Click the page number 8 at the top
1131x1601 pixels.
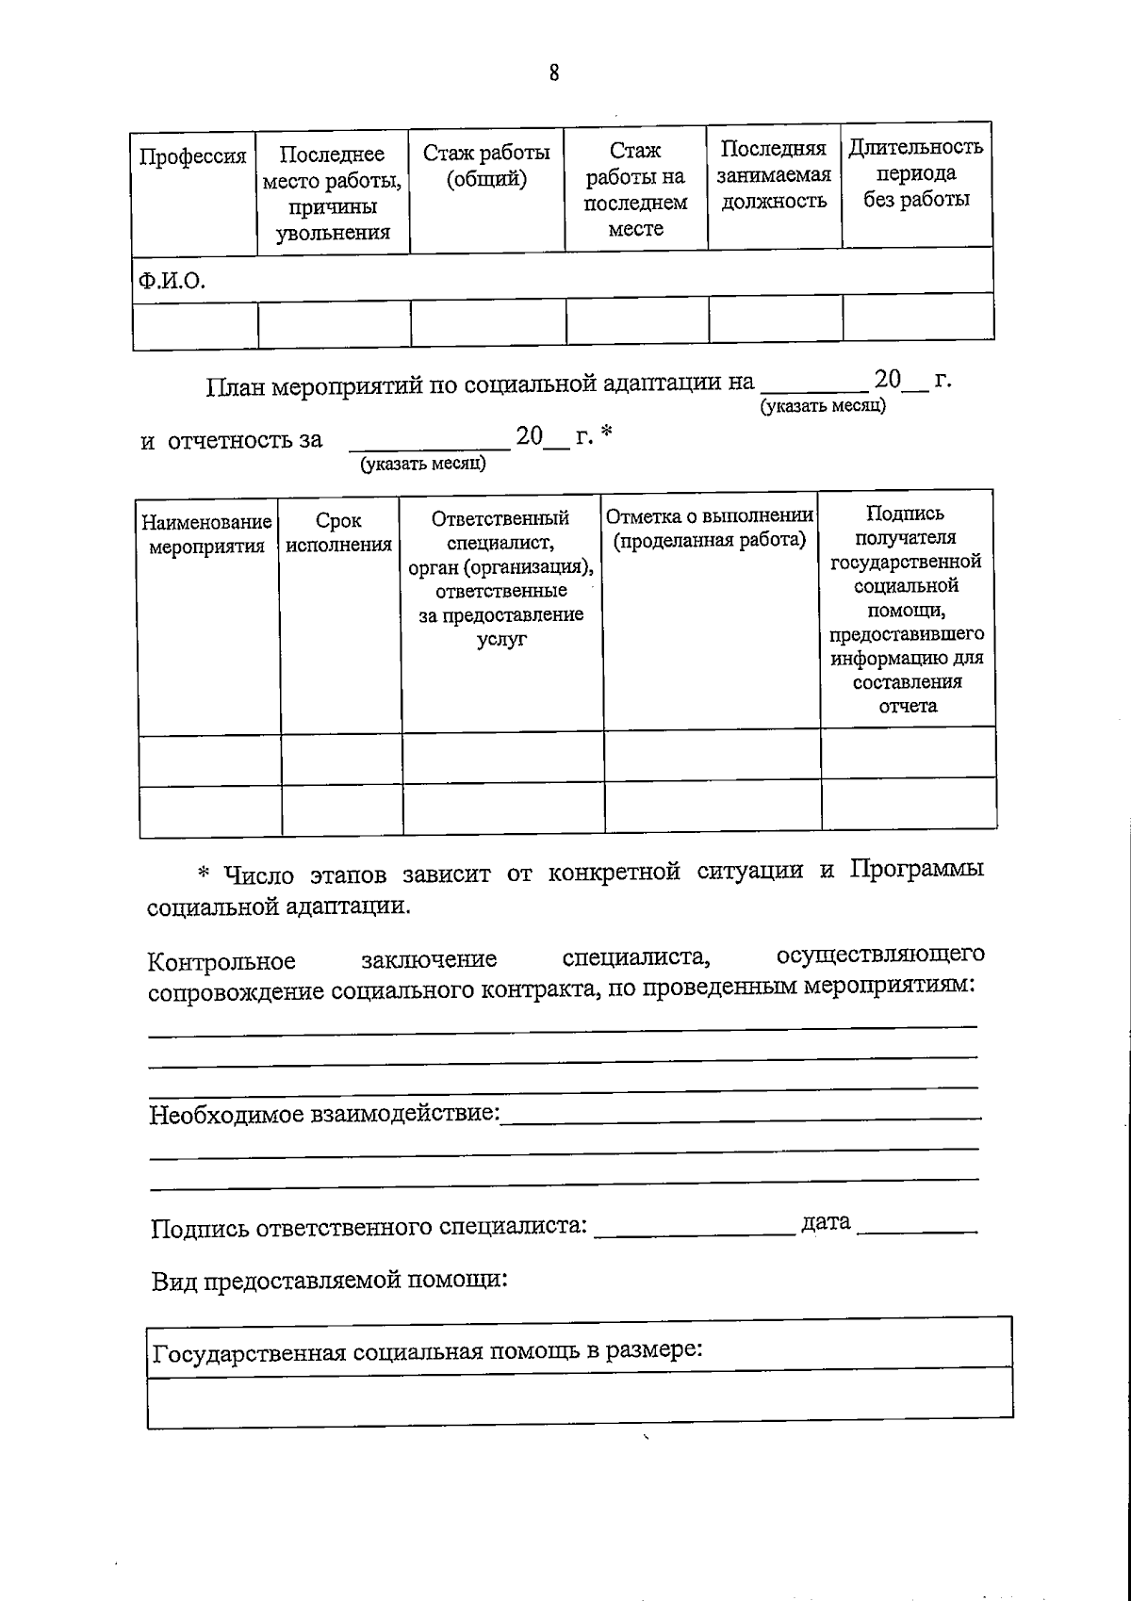553,73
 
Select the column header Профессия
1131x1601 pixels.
192,156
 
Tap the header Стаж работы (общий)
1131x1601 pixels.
486,165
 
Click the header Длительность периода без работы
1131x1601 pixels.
916,172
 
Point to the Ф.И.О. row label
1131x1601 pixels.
171,280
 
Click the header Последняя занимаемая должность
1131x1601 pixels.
774,174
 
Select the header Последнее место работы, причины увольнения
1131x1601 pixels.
333,193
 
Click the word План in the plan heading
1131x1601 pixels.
236,385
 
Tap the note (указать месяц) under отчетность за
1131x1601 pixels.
423,464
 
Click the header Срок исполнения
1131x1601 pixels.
338,532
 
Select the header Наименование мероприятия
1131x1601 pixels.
206,533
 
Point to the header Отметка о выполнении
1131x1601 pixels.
710,516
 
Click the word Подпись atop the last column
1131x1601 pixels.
905,514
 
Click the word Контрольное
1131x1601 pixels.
221,961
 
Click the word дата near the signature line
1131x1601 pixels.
826,1222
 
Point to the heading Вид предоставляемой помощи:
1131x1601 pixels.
330,1281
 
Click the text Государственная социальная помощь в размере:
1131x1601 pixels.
427,1351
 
